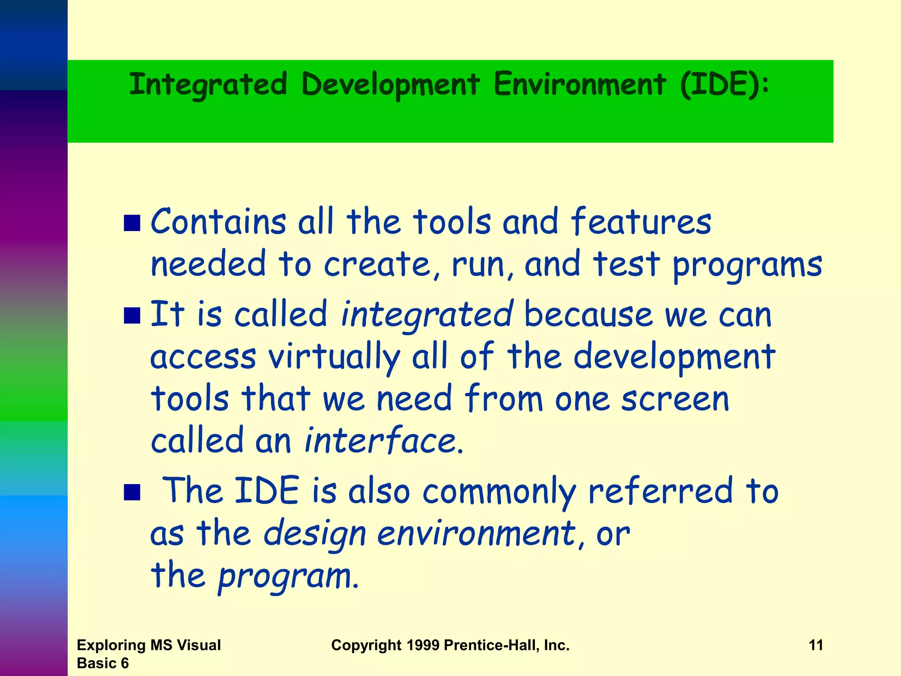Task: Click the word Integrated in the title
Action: pos(208,84)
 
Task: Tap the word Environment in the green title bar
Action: pos(579,84)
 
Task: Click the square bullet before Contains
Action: pos(132,223)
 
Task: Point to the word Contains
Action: pos(218,222)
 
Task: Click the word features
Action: pos(641,222)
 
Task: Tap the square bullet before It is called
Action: pos(132,316)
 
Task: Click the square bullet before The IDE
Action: pos(132,492)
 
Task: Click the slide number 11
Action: pos(816,645)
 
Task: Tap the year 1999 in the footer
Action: pos(423,645)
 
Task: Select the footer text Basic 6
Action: pos(103,663)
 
